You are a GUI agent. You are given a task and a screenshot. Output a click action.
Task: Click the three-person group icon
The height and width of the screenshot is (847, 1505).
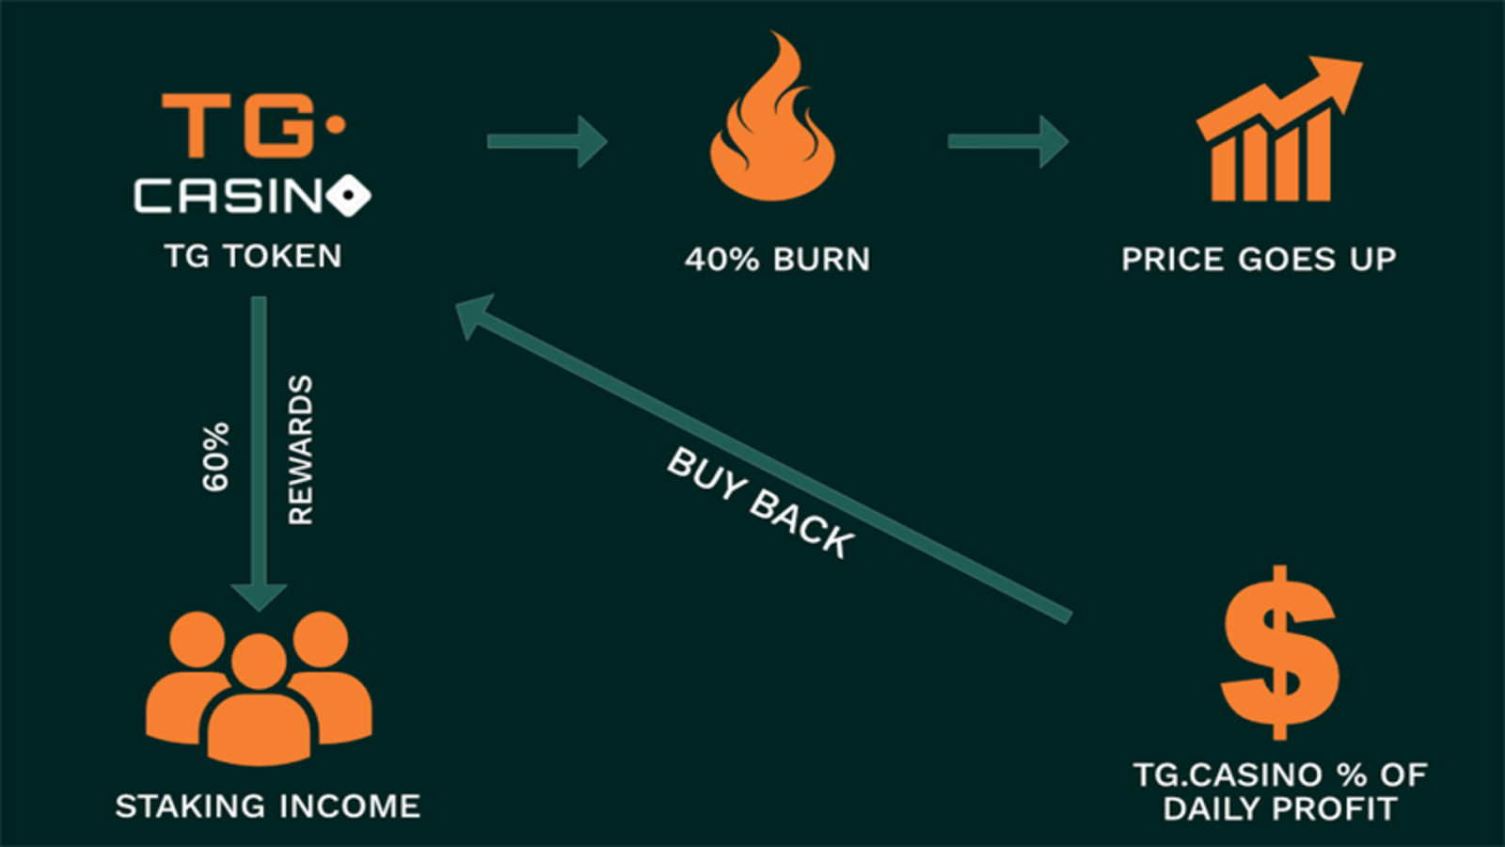(x=259, y=687)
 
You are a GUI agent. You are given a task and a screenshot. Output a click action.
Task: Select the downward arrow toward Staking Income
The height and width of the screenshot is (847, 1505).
(x=259, y=452)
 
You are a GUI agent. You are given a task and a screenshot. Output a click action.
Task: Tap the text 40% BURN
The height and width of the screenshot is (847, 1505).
(x=777, y=260)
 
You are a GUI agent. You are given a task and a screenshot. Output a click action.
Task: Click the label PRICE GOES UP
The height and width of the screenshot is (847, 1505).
(x=1259, y=260)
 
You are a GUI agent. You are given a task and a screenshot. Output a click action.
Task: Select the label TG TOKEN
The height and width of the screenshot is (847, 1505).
(x=253, y=256)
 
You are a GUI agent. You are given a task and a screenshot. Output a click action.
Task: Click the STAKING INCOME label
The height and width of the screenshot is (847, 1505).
(x=268, y=807)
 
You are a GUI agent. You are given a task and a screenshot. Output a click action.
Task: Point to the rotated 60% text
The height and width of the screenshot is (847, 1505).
(x=215, y=456)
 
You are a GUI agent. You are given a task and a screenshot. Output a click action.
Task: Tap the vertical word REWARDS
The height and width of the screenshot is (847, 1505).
(x=300, y=450)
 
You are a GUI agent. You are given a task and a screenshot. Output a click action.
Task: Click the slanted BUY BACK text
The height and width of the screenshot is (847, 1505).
(x=760, y=503)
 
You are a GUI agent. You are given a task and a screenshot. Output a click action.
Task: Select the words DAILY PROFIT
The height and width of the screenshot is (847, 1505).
(x=1279, y=808)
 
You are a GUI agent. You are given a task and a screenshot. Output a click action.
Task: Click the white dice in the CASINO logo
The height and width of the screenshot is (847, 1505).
(x=350, y=196)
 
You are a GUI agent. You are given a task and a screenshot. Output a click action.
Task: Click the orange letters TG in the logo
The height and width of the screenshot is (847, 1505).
(x=240, y=124)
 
